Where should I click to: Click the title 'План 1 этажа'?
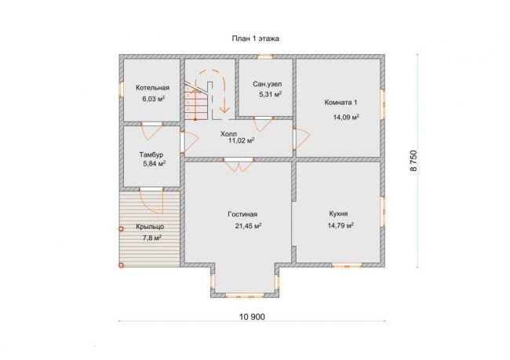[x=255, y=38]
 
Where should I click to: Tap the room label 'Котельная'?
[x=152, y=88]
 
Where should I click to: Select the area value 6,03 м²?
[x=154, y=99]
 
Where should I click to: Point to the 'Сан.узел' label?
[x=268, y=84]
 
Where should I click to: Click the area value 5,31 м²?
[x=270, y=94]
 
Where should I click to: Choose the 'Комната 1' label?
[x=341, y=103]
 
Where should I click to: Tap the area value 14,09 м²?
[x=346, y=117]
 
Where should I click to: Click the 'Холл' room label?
[x=228, y=134]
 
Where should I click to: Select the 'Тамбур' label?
[x=151, y=155]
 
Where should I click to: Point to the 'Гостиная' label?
[x=242, y=214]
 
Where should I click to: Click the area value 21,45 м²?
[x=249, y=226]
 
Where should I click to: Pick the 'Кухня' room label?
[x=338, y=213]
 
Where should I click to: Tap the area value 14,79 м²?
[x=341, y=225]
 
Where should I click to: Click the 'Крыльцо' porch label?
[x=150, y=227]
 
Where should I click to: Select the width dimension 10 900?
[x=252, y=317]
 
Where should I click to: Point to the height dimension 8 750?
[x=413, y=161]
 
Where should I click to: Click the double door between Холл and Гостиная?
[x=239, y=165]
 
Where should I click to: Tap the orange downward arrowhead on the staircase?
[x=224, y=110]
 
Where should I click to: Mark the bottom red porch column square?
[x=121, y=265]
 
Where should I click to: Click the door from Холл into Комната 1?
[x=301, y=139]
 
